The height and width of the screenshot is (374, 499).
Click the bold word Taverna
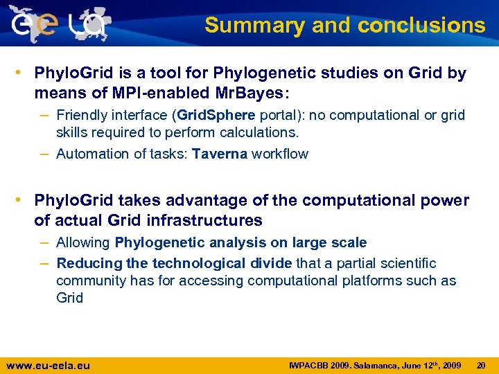point(220,154)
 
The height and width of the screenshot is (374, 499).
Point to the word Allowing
point(83,242)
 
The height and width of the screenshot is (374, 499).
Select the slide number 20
point(482,365)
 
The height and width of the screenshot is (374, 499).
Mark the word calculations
point(257,132)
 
